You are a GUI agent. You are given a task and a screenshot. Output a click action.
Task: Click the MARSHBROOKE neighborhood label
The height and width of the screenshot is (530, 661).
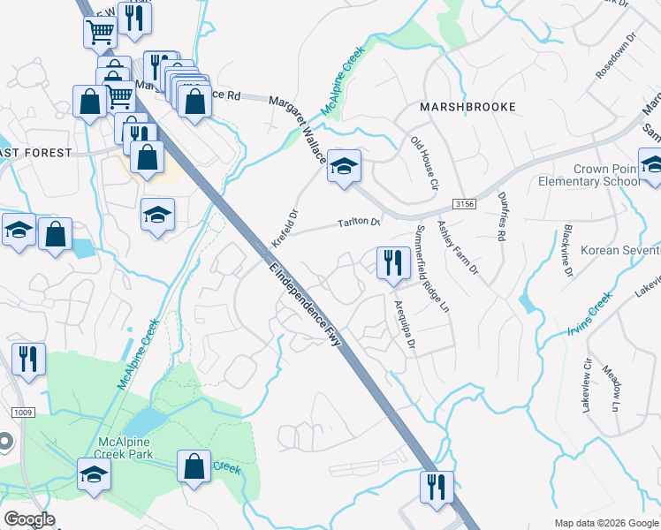pos(467,107)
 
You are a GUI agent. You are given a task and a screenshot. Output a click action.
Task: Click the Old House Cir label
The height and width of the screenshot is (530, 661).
pos(423,163)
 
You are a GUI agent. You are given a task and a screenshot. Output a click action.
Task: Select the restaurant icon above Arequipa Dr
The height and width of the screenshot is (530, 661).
pos(391,261)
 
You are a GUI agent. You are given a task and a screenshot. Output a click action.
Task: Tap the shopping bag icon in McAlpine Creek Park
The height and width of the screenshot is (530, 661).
pos(194,466)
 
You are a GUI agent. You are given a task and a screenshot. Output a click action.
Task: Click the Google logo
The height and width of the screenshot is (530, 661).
pos(29,519)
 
